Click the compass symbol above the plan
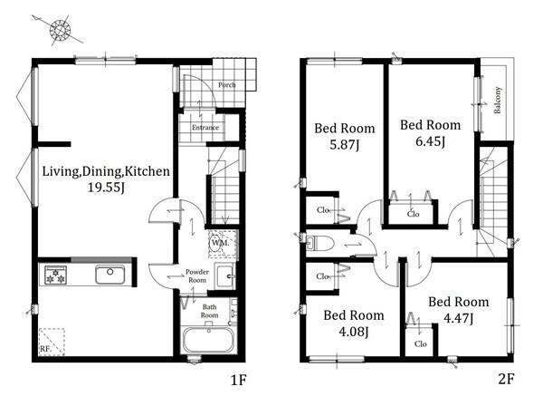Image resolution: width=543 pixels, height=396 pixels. [60, 30]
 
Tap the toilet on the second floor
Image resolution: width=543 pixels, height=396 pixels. [320, 243]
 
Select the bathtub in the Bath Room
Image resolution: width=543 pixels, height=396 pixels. [208, 340]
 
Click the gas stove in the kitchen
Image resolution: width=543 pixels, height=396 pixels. [55, 275]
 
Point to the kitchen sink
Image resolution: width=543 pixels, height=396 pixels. [110, 275]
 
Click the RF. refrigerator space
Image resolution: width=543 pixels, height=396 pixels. [52, 342]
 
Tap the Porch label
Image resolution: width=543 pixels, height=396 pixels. [227, 85]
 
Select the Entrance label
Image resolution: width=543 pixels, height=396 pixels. [205, 127]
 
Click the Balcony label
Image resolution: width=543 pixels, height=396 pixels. [498, 100]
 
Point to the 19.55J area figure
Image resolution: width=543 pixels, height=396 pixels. [106, 188]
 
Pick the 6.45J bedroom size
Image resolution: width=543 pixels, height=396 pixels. [430, 141]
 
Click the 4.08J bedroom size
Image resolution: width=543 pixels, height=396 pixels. [353, 332]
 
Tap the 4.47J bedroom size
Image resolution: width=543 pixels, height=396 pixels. [459, 318]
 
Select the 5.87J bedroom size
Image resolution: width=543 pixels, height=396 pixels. [344, 145]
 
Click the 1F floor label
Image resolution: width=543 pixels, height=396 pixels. [239, 380]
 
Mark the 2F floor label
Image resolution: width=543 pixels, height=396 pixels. [506, 379]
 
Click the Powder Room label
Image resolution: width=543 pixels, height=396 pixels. [197, 276]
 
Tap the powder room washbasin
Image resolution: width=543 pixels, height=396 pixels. [225, 276]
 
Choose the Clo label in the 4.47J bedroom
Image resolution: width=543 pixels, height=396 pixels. [421, 344]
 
